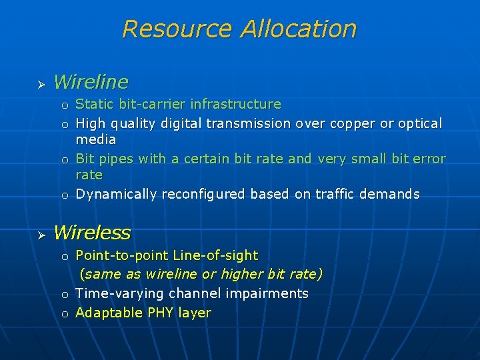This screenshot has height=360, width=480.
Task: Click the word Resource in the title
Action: (x=178, y=29)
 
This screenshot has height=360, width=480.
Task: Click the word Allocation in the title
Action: (x=299, y=29)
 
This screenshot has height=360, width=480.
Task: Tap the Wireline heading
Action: (x=91, y=82)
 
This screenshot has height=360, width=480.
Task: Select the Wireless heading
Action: (x=92, y=233)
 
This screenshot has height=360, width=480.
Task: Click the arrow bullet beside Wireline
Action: (x=40, y=84)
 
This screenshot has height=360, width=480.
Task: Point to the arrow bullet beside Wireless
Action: (x=40, y=235)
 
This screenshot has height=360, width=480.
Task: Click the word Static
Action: (x=95, y=104)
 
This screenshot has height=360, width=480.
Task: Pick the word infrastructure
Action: (x=235, y=104)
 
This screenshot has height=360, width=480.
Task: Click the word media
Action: (x=96, y=139)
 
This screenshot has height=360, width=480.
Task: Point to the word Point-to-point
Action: (x=122, y=255)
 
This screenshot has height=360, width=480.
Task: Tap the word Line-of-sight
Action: (x=215, y=255)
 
